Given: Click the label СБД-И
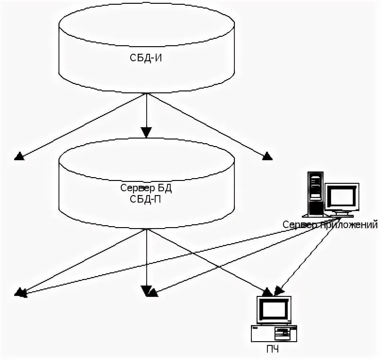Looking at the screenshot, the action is coord(146,58).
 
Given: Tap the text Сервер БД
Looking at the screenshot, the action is coord(146,188).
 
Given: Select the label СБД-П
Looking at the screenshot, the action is coord(145,199).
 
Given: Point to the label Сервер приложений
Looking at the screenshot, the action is coord(330,224).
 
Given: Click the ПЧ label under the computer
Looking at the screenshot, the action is coord(273,349).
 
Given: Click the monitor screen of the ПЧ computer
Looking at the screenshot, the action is coord(274,310).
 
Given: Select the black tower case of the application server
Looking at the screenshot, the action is coord(316,194).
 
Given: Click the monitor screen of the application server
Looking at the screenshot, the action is coord(342,196).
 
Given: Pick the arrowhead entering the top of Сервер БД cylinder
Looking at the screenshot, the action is coord(146,132).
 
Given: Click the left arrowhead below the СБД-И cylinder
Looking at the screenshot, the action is coord(19,156).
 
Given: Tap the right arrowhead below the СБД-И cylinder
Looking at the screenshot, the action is coord(267,156).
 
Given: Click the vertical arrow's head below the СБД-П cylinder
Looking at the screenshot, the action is coord(146,291).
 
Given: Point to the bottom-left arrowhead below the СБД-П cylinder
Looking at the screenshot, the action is coord(20,292).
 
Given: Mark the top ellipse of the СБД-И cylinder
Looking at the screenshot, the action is coord(146,25).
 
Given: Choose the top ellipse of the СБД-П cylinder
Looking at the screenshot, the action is coord(146,160).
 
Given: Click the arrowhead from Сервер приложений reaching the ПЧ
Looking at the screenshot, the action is coord(278,291).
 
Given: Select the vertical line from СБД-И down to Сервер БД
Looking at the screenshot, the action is coord(146,110).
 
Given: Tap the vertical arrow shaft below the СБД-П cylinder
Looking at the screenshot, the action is coord(146,257).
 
